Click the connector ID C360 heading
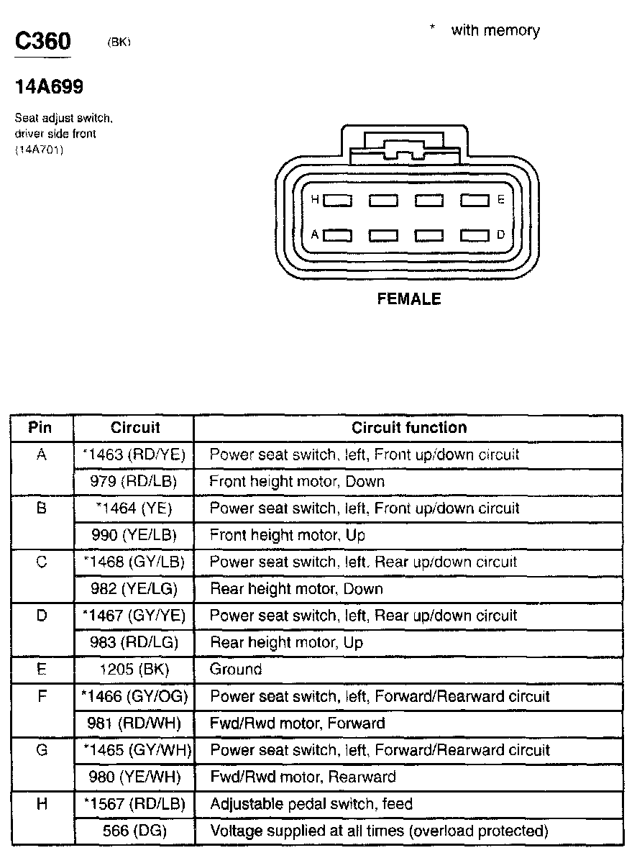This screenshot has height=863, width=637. [x=42, y=40]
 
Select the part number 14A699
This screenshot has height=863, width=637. [x=50, y=87]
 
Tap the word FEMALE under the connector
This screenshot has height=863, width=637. [x=408, y=299]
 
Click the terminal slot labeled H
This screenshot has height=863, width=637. [x=337, y=201]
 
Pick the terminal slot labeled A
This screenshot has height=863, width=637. [x=337, y=235]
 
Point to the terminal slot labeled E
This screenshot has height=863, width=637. [x=475, y=201]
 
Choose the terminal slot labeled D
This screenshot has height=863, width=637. [x=475, y=235]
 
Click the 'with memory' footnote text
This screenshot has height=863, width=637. [x=495, y=30]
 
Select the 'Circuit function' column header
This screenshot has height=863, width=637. [x=408, y=428]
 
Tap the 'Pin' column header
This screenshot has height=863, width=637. [x=40, y=428]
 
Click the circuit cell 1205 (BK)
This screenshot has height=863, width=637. [x=134, y=670]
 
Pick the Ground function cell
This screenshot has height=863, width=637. [x=235, y=670]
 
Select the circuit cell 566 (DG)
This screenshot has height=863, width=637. [x=134, y=831]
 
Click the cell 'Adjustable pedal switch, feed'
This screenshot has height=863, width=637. [x=311, y=804]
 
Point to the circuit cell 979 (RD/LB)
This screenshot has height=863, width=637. [x=134, y=481]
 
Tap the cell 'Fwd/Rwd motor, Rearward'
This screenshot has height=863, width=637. [x=302, y=777]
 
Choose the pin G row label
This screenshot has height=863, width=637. [x=41, y=750]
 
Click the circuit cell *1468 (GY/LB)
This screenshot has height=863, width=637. [x=134, y=562]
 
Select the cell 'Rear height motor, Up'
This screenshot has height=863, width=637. [x=286, y=642]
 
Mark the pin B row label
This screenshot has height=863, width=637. [x=41, y=508]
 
